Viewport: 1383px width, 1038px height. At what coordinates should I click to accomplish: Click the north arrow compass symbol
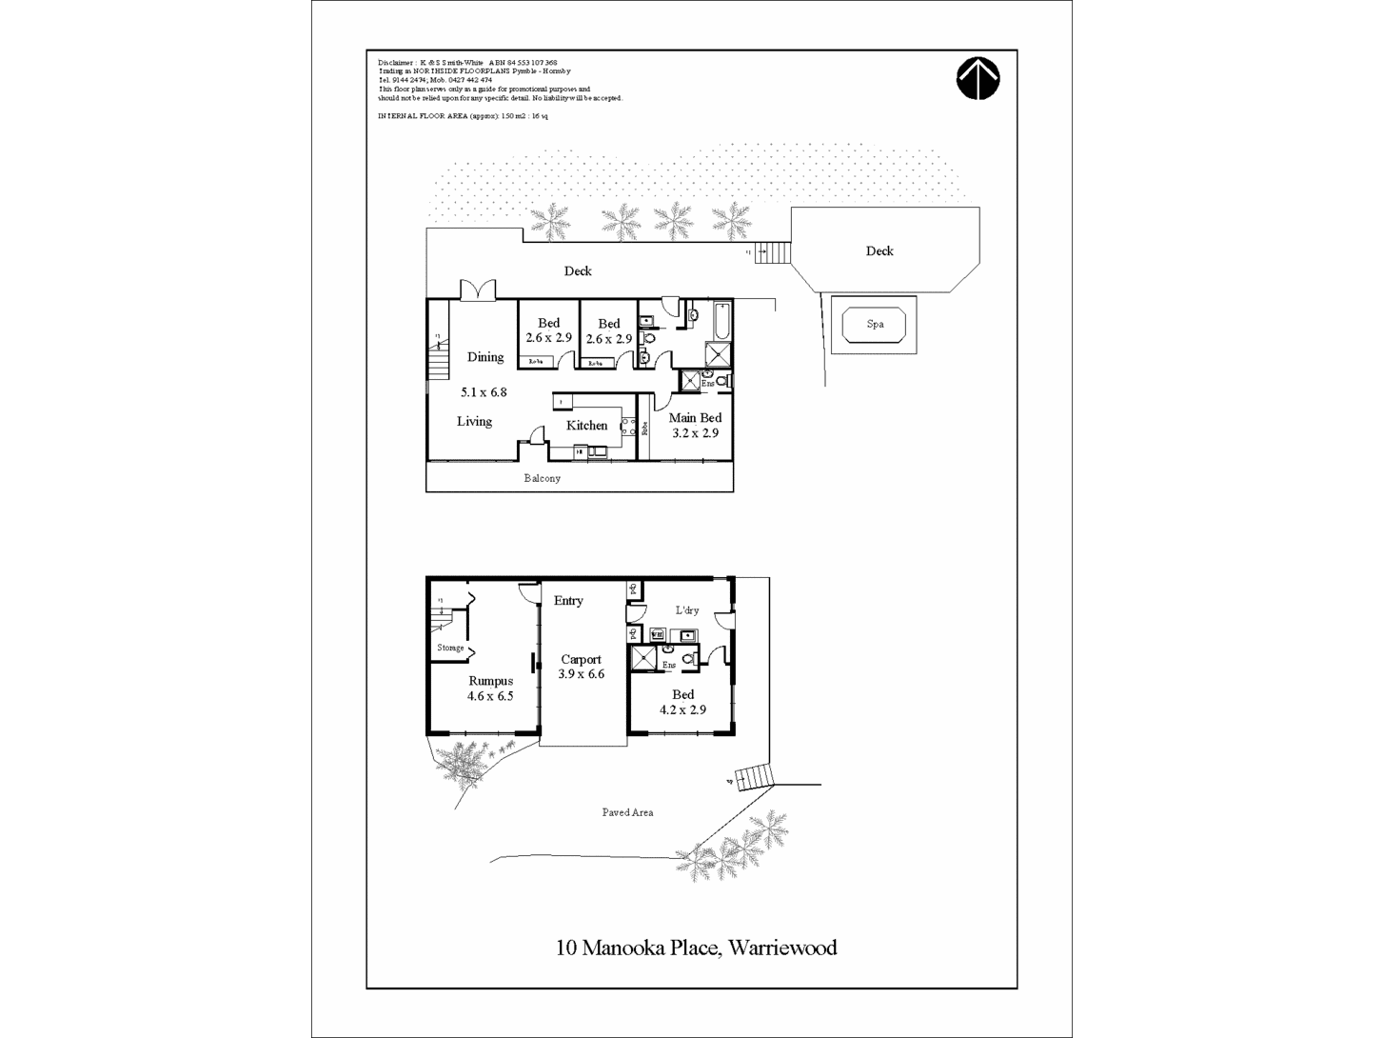[x=978, y=79]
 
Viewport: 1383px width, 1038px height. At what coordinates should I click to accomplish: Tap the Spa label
[x=875, y=325]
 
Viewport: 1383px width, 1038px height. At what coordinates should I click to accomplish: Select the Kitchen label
[x=586, y=426]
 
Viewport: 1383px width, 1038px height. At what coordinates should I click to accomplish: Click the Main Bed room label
[x=695, y=418]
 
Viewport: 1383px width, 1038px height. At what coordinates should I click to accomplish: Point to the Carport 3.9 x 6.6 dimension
[x=581, y=674]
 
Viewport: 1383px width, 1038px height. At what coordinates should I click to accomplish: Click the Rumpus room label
[x=490, y=681]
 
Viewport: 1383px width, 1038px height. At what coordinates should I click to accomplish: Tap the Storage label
[x=450, y=648]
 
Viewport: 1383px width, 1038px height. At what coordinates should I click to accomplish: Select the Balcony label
[x=543, y=478]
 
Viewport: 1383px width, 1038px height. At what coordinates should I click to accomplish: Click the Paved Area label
[x=627, y=812]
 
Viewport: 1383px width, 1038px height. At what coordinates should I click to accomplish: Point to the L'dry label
[x=687, y=610]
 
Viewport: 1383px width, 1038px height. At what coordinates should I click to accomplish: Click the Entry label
[x=568, y=601]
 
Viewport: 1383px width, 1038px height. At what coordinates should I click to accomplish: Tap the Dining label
[x=485, y=357]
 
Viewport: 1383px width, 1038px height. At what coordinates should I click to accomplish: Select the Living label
[x=474, y=421]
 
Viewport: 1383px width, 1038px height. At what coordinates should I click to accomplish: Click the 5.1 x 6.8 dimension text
[x=484, y=391]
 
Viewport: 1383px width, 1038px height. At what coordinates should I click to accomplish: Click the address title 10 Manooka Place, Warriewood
[x=696, y=948]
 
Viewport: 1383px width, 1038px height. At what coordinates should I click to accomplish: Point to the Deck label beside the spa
[x=879, y=251]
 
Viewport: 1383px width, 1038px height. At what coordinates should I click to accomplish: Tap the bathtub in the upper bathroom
[x=721, y=321]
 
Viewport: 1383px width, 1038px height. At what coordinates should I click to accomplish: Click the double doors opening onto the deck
[x=478, y=290]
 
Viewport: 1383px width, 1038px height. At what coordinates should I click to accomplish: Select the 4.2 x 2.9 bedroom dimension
[x=682, y=709]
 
